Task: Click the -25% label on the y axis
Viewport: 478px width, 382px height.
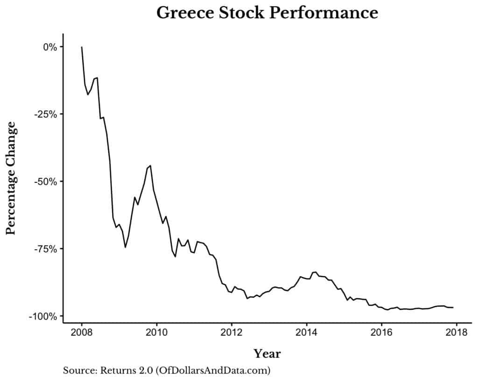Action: pyautogui.click(x=46, y=114)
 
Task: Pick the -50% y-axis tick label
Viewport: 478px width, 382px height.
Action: pyautogui.click(x=46, y=181)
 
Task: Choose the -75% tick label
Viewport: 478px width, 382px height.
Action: pyautogui.click(x=46, y=249)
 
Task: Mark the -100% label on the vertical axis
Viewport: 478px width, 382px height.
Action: pyautogui.click(x=44, y=316)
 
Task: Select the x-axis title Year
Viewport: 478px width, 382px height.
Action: pyautogui.click(x=267, y=353)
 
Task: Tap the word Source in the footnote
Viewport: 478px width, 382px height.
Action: pyautogui.click(x=77, y=371)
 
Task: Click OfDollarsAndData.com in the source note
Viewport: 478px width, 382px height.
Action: pyautogui.click(x=218, y=371)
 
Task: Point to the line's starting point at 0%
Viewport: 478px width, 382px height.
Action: pyautogui.click(x=82, y=47)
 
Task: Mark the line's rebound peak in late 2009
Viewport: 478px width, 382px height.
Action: pyautogui.click(x=150, y=165)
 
